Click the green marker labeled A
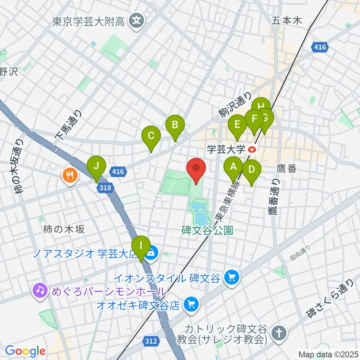point(233,166)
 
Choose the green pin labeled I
point(141,246)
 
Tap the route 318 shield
point(105,187)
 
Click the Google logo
point(25,351)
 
